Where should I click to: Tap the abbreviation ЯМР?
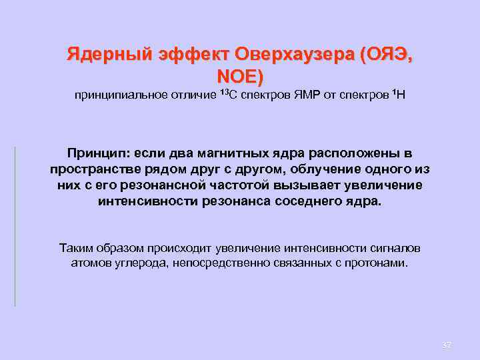coord(305,96)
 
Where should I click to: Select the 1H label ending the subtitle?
coord(397,95)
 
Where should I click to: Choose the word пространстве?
coord(92,169)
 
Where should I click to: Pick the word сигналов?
coord(394,248)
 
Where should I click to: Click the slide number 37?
coord(447,345)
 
